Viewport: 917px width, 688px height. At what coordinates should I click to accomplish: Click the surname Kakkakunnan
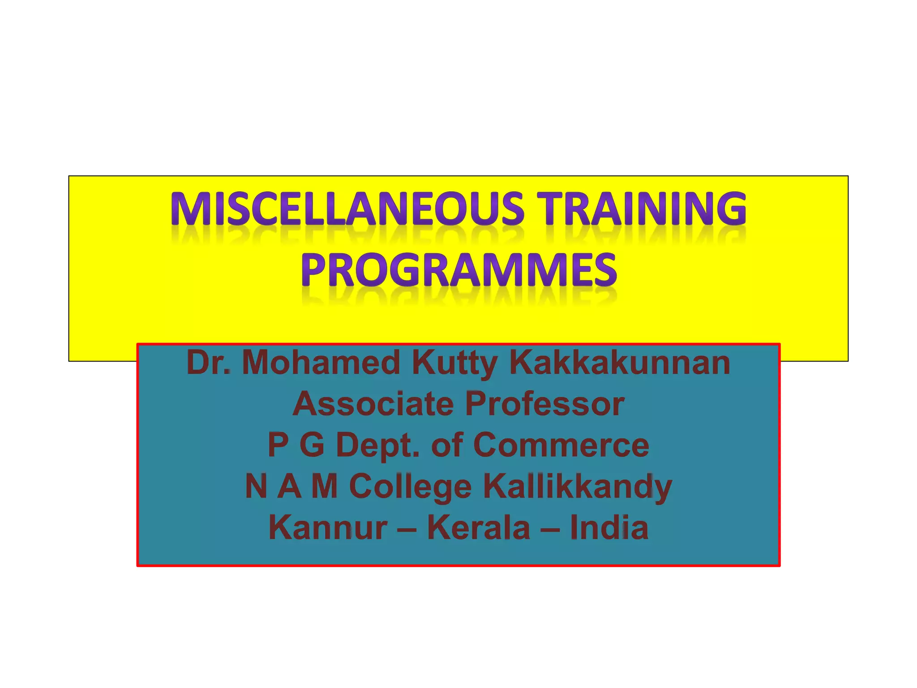(x=620, y=363)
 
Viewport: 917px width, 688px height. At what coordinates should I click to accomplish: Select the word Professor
(x=544, y=404)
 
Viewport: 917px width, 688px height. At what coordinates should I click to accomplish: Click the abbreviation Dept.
(x=378, y=446)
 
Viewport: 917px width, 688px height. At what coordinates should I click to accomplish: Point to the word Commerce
(x=561, y=445)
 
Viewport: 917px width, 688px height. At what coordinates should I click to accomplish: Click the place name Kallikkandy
(x=577, y=487)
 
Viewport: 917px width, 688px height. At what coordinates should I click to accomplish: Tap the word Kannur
(x=328, y=528)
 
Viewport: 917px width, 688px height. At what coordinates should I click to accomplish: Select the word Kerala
(x=478, y=528)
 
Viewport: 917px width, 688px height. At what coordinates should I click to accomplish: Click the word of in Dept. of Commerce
(x=447, y=445)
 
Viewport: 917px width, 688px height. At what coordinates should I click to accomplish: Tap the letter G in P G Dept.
(x=312, y=445)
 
